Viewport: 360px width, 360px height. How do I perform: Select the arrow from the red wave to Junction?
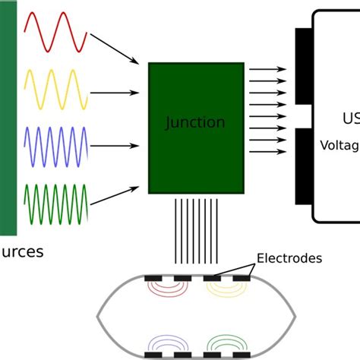tap(115, 48)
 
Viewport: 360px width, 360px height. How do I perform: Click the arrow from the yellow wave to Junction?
tap(117, 93)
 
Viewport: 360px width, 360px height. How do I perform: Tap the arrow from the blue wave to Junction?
tap(117, 143)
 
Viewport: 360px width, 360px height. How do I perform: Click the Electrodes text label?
tap(289, 259)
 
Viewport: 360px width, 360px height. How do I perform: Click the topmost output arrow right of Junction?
tap(267, 68)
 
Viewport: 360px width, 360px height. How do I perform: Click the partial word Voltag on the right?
tap(339, 144)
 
